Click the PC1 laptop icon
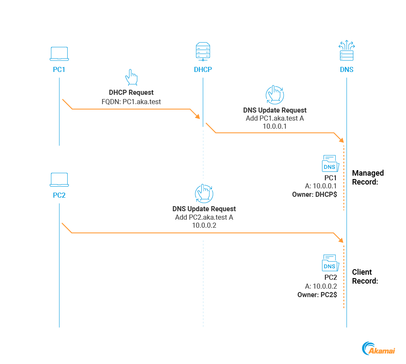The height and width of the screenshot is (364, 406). pos(59,54)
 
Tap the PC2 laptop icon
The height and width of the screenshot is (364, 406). pos(59,179)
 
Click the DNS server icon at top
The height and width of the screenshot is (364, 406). pos(346,52)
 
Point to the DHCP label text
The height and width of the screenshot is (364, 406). pos(203,69)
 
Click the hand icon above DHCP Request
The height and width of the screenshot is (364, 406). pos(131,78)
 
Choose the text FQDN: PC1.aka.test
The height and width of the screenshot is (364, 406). pos(131,102)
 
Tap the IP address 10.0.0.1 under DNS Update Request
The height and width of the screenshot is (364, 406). pos(275,126)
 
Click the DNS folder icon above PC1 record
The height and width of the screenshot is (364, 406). pos(329,164)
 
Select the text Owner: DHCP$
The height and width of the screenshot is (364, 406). pos(315,195)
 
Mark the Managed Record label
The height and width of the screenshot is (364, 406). pos(368,177)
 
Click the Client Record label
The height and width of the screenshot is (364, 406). pos(365,276)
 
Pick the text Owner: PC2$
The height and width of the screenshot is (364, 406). pos(317,294)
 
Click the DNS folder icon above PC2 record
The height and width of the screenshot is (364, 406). pos(329,263)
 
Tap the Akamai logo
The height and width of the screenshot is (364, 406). pos(379,348)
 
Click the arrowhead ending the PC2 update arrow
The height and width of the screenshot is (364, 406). pos(341,240)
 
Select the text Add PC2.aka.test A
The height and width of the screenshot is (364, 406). pos(204,218)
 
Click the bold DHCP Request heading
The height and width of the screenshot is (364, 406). pos(131,92)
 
